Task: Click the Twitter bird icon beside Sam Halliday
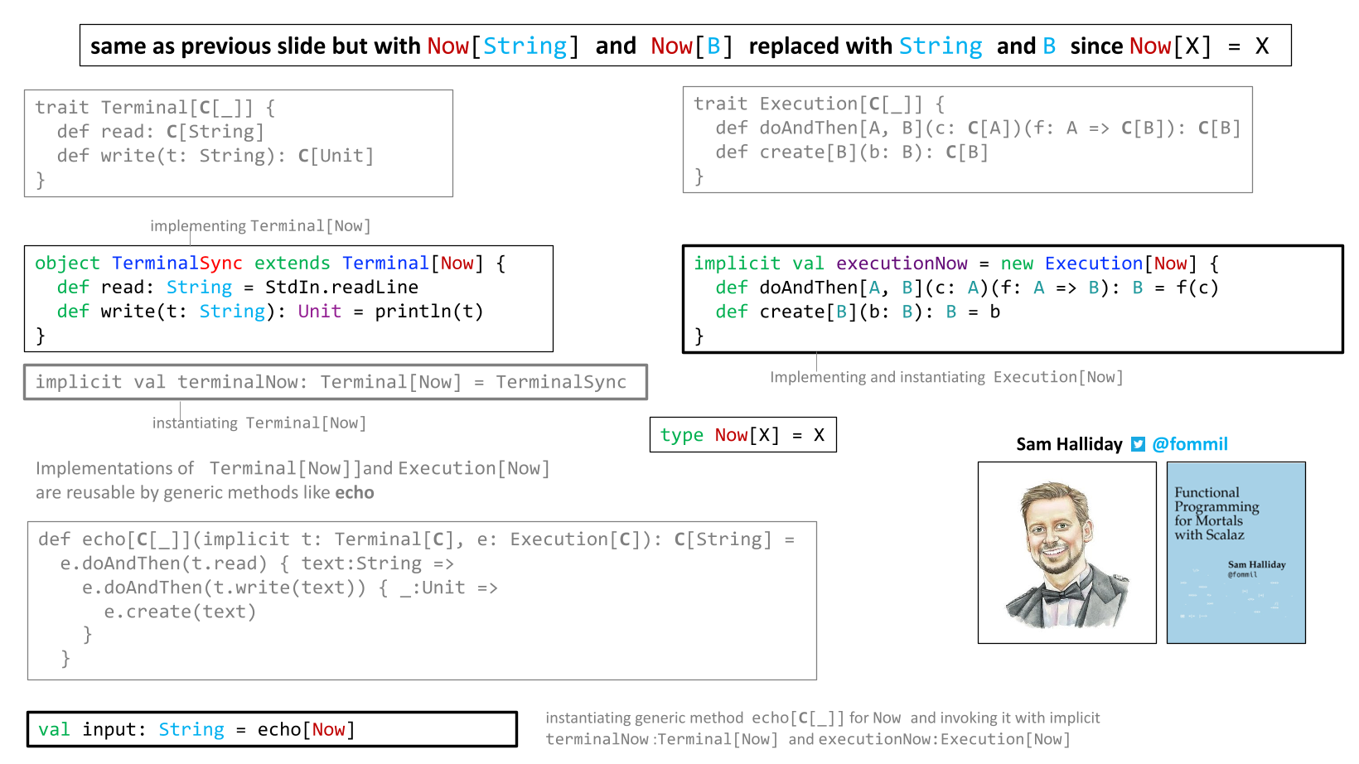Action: pos(1138,444)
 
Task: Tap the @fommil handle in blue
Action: pos(1189,444)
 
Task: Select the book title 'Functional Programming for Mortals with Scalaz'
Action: pos(1216,514)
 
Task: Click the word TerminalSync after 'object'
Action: pos(177,263)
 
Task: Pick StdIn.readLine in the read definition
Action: pos(341,287)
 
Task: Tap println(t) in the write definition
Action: pos(429,312)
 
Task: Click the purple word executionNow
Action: pos(902,264)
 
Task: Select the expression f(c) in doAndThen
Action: pos(1197,287)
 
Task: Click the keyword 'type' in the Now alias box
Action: pos(681,435)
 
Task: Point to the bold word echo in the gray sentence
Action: pos(355,492)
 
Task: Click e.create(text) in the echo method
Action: pos(180,611)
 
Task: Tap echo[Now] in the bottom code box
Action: pos(306,729)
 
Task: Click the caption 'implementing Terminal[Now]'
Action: pos(260,225)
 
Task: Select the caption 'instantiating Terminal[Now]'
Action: pos(259,423)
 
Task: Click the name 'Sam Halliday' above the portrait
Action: pos(1069,444)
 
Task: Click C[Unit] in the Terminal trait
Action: pos(336,156)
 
